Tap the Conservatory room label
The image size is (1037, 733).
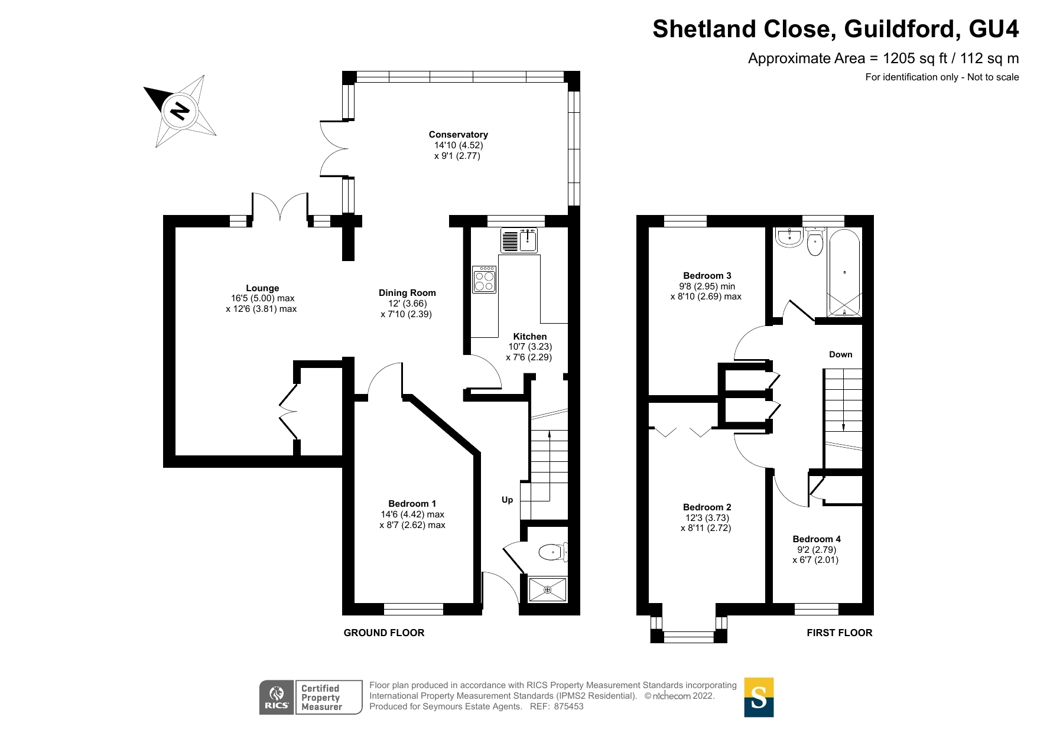click(x=458, y=135)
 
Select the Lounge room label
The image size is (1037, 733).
click(x=262, y=288)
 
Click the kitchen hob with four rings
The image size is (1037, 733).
click(x=485, y=279)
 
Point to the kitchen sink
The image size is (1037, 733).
click(x=519, y=240)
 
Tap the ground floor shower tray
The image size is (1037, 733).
click(x=547, y=589)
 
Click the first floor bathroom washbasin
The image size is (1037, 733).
click(x=789, y=238)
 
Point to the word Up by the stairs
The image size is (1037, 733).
click(x=507, y=500)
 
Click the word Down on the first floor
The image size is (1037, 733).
click(x=840, y=354)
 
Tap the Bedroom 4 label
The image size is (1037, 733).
click(x=816, y=539)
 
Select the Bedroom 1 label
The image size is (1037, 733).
click(x=412, y=503)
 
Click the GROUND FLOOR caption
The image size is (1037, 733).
click(x=384, y=633)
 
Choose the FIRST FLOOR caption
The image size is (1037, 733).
click(x=839, y=633)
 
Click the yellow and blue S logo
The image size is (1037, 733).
click(x=759, y=697)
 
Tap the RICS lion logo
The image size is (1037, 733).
click(x=277, y=697)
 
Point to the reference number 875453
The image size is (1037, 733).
click(x=568, y=706)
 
